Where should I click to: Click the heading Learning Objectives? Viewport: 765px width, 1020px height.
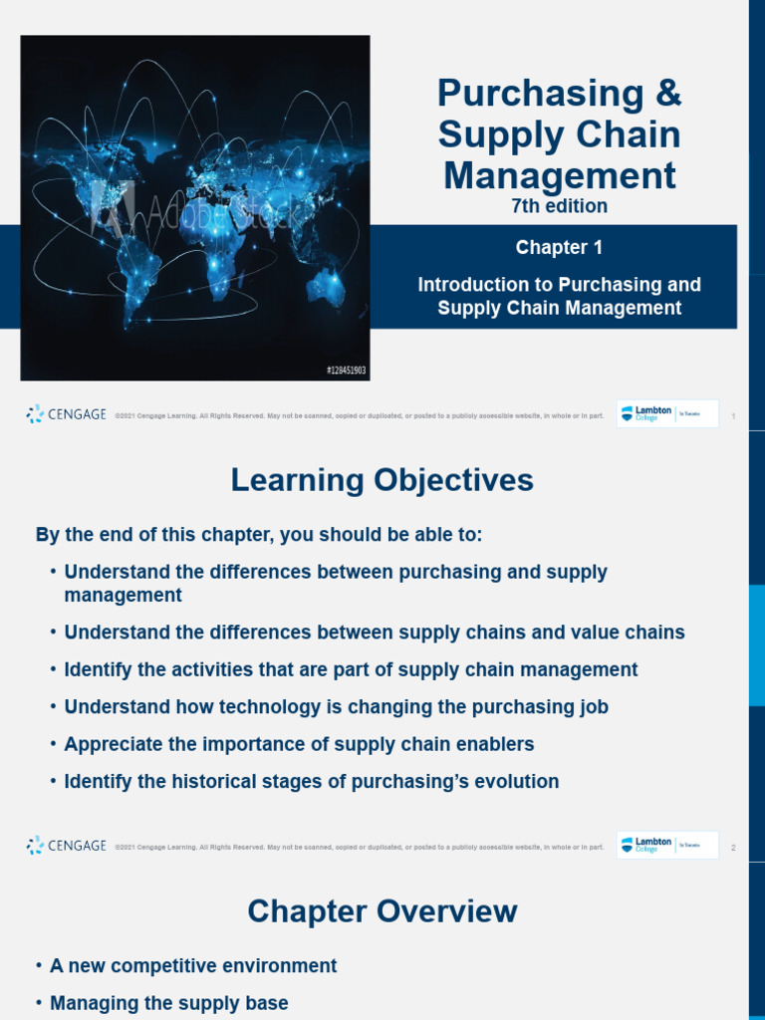tap(382, 480)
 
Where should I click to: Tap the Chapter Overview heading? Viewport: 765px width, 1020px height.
tap(382, 910)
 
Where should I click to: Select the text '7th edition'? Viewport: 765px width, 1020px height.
tap(559, 206)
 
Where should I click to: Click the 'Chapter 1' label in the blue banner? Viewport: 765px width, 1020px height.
tap(559, 247)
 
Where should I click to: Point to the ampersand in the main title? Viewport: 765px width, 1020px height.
tap(668, 94)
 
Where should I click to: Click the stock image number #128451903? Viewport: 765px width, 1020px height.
tap(346, 370)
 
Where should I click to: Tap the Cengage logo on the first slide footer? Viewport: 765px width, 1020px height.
tap(66, 414)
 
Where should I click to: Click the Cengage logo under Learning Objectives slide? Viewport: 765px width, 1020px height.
tap(66, 846)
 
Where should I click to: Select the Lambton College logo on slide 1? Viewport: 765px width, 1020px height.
tap(666, 414)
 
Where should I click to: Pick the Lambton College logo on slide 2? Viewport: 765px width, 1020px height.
tap(666, 846)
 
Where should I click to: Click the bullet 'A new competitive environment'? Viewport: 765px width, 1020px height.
tap(193, 965)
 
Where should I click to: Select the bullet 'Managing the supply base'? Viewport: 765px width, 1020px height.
tap(168, 1003)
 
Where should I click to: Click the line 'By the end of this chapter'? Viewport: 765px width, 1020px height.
tap(258, 535)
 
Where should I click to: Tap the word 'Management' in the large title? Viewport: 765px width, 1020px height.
tap(559, 176)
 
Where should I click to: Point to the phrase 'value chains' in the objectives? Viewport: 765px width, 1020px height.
tap(634, 633)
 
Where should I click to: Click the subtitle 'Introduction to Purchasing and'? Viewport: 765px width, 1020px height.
tap(559, 285)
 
